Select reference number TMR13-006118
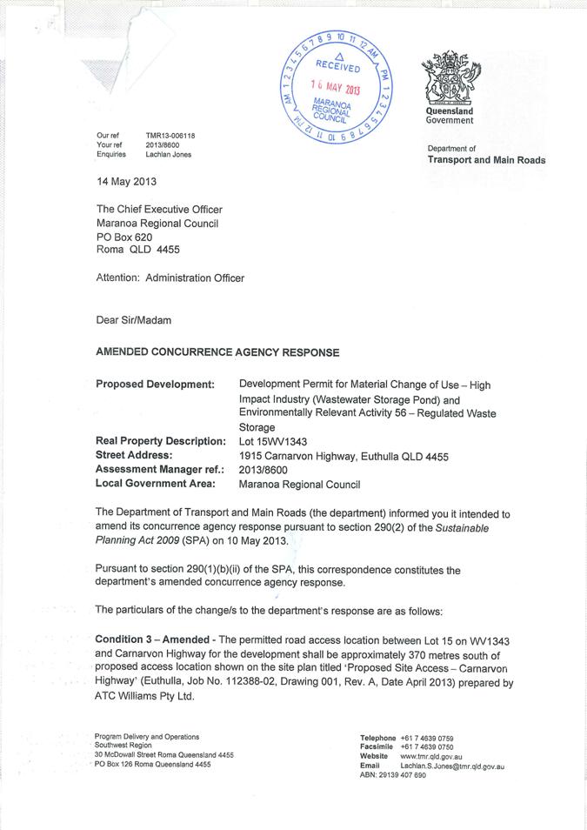point(170,136)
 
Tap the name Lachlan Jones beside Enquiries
point(169,154)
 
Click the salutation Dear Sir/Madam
point(133,319)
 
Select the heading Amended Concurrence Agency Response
point(217,352)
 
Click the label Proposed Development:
point(155,384)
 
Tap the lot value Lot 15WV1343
point(272,441)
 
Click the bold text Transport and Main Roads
point(486,160)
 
